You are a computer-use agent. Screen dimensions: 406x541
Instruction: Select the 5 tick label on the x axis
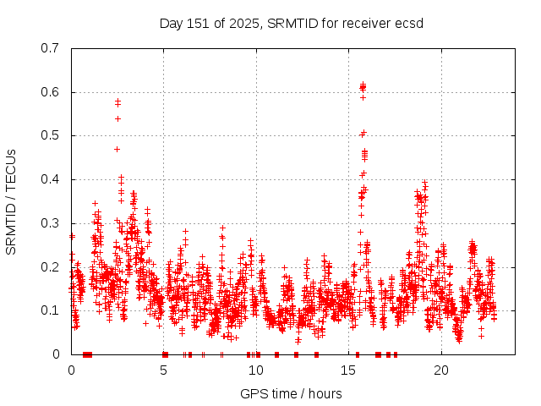[x=164, y=370]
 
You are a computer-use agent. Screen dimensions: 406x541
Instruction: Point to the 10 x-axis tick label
[x=256, y=370]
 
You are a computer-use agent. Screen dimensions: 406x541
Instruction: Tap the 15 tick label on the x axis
[x=349, y=370]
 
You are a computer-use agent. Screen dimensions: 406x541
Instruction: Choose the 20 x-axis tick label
[x=441, y=370]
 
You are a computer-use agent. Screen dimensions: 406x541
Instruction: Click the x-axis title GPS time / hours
[x=291, y=393]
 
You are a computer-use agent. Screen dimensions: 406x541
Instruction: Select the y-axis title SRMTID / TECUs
[x=12, y=201]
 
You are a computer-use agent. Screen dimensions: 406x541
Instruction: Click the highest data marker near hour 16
[x=363, y=85]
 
